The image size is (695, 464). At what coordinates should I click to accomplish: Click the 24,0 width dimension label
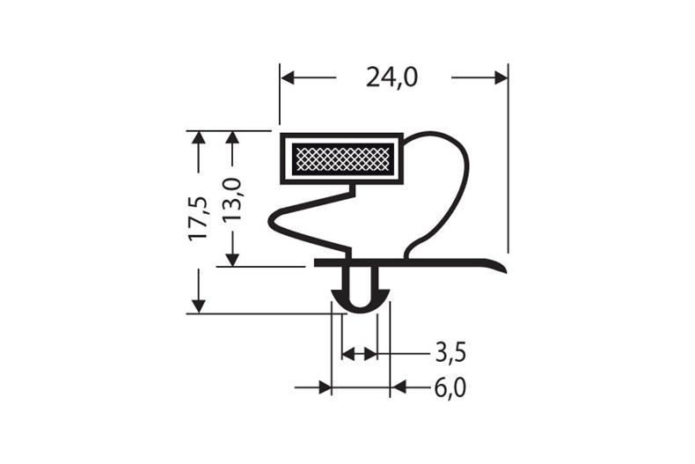[x=391, y=78]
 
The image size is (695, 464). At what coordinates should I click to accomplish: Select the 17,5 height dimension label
[x=198, y=217]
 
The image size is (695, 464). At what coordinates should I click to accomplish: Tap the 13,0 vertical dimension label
[x=231, y=200]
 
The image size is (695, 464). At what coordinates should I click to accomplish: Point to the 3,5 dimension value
[x=450, y=354]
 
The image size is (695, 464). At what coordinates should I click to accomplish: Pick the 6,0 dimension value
[x=450, y=388]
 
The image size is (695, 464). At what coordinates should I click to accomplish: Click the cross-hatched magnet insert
[x=342, y=158]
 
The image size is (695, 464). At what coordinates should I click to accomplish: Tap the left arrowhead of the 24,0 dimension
[x=288, y=77]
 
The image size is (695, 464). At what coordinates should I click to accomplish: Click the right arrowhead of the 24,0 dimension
[x=501, y=77]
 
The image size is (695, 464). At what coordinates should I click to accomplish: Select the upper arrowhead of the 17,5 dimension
[x=198, y=138]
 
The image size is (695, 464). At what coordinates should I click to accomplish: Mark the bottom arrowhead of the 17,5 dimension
[x=198, y=306]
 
